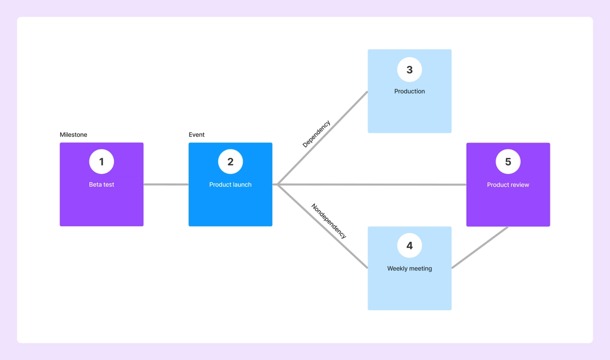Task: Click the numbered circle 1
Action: click(x=101, y=162)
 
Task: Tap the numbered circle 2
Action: click(x=230, y=162)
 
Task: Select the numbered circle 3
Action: click(x=409, y=70)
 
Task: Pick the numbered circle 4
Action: click(x=409, y=246)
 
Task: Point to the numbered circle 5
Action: click(x=508, y=162)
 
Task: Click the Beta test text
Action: click(x=101, y=185)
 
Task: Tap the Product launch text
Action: click(x=230, y=185)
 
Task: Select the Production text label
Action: click(x=409, y=92)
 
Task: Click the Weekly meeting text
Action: click(x=409, y=268)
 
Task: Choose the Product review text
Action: click(x=508, y=185)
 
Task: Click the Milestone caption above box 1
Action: click(x=73, y=135)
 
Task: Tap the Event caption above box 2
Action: click(x=196, y=135)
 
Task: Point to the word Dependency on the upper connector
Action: click(x=316, y=134)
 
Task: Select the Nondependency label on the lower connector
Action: click(x=328, y=221)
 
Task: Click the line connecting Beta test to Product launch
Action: click(x=166, y=185)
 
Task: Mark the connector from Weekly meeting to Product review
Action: click(x=480, y=248)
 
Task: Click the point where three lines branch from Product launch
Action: click(x=278, y=185)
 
